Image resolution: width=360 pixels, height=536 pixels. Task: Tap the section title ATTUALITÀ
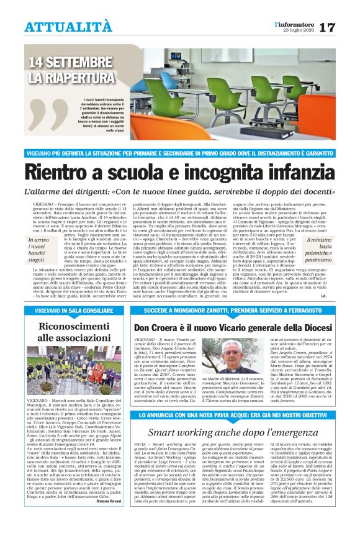tap(69, 27)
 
